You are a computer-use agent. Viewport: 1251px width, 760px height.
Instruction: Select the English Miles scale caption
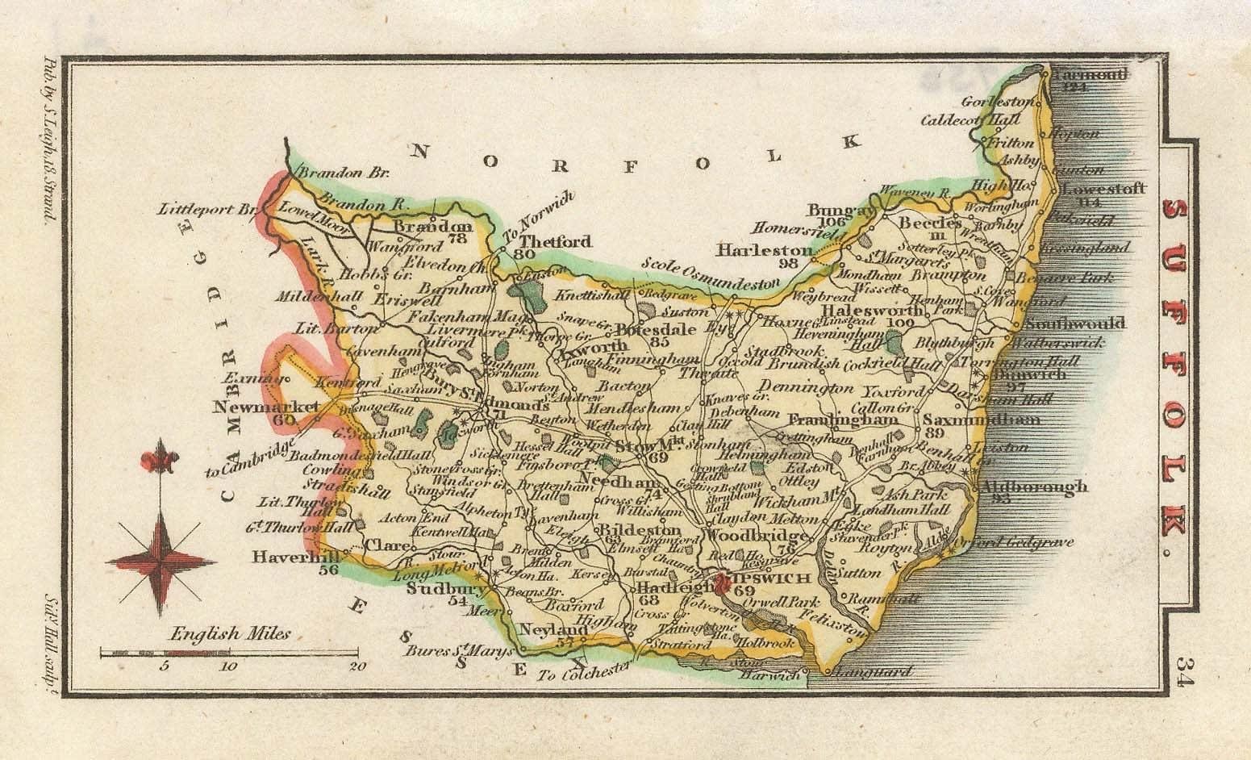(220, 634)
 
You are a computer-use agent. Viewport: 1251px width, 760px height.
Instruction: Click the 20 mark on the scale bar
(357, 666)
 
